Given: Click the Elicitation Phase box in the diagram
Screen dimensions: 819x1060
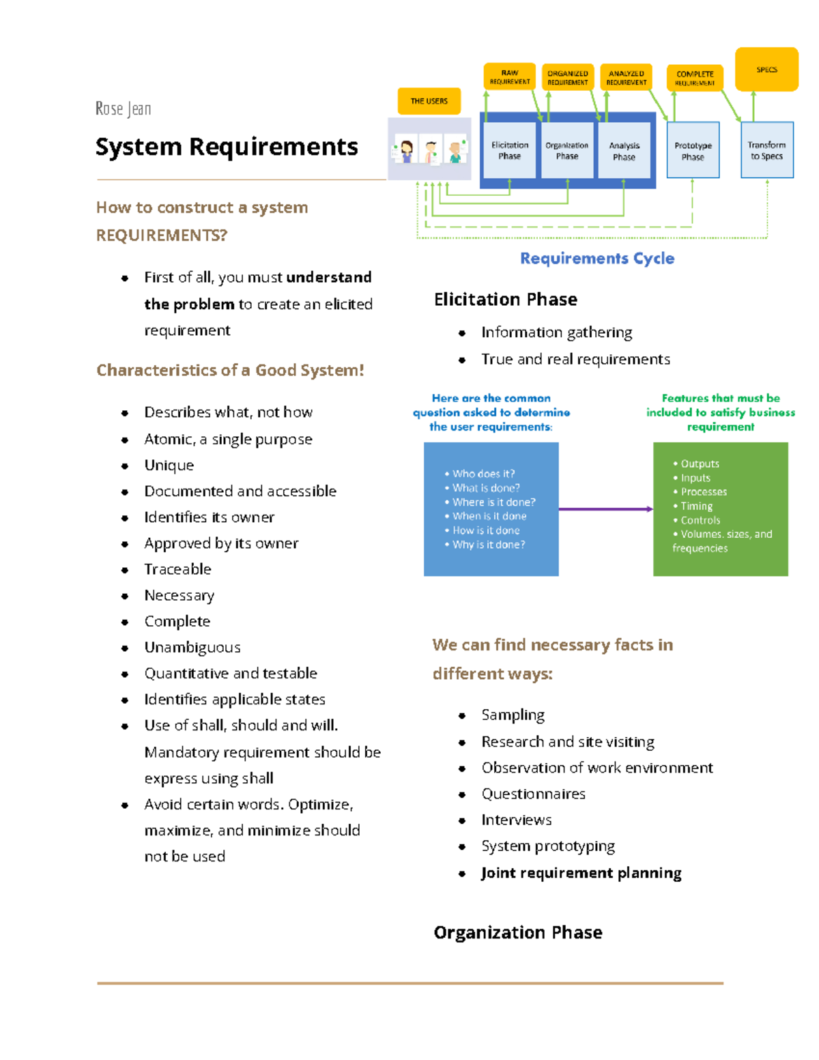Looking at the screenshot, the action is point(509,150).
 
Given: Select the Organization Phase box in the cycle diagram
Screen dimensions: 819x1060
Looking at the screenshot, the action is point(566,150).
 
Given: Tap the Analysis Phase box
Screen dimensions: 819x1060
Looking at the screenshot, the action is point(624,151).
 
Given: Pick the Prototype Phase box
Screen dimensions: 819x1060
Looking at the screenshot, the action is point(693,151).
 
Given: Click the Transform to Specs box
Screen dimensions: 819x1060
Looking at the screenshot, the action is point(766,150).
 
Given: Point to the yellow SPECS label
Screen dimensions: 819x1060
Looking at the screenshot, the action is point(766,70).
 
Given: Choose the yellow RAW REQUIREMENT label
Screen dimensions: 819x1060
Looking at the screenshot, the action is point(509,77).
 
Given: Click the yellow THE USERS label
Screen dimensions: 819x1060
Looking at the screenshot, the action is point(429,101).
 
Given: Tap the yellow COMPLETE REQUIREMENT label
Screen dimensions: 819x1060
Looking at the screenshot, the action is point(695,78).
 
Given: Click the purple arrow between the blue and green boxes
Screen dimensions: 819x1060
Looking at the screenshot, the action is point(605,509).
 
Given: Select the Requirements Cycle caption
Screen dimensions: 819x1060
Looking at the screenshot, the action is point(597,258).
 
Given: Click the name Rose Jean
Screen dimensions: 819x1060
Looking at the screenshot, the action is point(124,109).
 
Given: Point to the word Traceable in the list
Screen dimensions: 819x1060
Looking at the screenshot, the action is point(177,569).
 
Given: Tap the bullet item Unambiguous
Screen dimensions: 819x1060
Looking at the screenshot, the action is point(192,647).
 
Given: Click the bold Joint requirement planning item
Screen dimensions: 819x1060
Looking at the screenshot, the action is point(581,873).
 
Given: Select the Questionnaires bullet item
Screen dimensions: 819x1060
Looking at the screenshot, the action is point(533,794).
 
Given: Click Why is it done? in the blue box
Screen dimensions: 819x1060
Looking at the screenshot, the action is point(489,545).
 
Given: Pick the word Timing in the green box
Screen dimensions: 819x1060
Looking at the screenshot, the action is point(696,506).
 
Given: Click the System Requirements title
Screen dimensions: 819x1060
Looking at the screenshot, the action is point(227,147).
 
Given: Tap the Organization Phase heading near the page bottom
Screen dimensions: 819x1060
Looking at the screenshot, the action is point(518,932).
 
